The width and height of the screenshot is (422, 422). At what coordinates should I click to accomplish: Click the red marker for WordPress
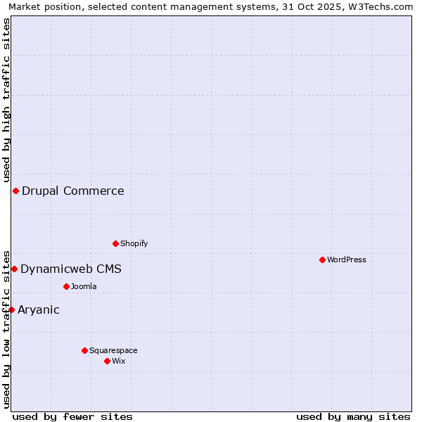tap(323, 260)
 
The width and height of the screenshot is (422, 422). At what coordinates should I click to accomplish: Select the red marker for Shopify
tap(116, 243)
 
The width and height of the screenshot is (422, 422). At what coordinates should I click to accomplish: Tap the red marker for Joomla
tap(67, 286)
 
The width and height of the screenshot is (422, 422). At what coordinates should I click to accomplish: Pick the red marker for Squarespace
tap(85, 350)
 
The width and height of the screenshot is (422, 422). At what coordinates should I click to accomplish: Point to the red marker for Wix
tap(108, 361)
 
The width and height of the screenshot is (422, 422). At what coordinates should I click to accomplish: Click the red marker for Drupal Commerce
tap(15, 191)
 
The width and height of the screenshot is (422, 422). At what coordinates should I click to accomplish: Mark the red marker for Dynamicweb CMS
tap(14, 269)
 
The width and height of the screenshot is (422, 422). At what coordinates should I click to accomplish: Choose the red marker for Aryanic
tap(11, 309)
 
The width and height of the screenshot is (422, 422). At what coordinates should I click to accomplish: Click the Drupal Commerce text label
tap(73, 191)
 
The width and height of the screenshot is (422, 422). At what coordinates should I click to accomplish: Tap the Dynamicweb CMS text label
tap(71, 269)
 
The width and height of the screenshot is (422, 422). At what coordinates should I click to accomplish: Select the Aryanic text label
tap(39, 309)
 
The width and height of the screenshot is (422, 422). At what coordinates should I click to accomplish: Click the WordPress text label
tap(347, 260)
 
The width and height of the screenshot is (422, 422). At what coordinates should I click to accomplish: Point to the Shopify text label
tap(134, 243)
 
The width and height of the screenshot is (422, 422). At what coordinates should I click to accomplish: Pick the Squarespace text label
tap(113, 350)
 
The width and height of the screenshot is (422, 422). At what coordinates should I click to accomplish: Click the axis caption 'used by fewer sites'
tap(72, 416)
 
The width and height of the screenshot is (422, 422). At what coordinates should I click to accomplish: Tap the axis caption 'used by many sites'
tap(353, 416)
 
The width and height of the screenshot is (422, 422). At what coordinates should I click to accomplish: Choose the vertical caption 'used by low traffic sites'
tap(6, 328)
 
